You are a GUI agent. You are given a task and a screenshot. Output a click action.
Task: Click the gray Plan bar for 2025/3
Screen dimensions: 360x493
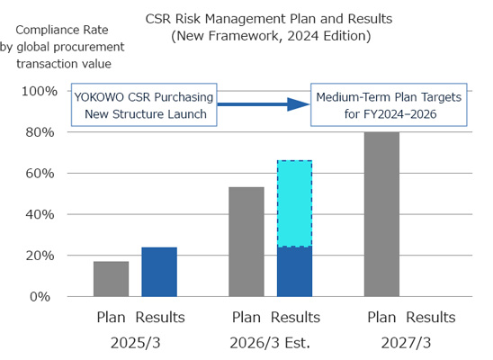tap(112, 278)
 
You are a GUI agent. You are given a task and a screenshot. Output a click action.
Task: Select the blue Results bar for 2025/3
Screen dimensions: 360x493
tap(159, 271)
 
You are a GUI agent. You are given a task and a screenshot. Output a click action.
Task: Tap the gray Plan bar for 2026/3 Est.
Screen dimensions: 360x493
tap(246, 241)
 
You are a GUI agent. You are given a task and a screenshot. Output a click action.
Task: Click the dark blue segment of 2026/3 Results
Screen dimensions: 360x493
tap(294, 271)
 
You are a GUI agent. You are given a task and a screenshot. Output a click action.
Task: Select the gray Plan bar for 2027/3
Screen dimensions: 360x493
tap(381, 214)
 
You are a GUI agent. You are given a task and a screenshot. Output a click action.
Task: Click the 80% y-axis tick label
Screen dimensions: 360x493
tap(40, 132)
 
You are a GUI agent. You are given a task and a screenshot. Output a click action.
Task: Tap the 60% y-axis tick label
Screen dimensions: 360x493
tap(40, 173)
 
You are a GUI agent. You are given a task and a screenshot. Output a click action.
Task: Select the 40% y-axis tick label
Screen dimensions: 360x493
tap(40, 214)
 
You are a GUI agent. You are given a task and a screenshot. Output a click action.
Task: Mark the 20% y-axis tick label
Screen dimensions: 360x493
tap(40, 256)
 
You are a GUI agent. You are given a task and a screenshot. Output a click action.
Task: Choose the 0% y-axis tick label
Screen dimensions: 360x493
tap(45, 296)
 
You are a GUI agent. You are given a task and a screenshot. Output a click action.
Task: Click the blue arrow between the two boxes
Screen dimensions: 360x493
tap(262, 105)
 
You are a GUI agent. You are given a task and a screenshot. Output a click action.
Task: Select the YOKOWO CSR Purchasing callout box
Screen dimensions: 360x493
tap(144, 105)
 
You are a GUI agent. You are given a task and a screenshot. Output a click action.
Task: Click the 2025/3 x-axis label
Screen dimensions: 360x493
tap(139, 343)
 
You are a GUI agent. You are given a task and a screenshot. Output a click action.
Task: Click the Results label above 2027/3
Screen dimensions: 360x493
tap(430, 318)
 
